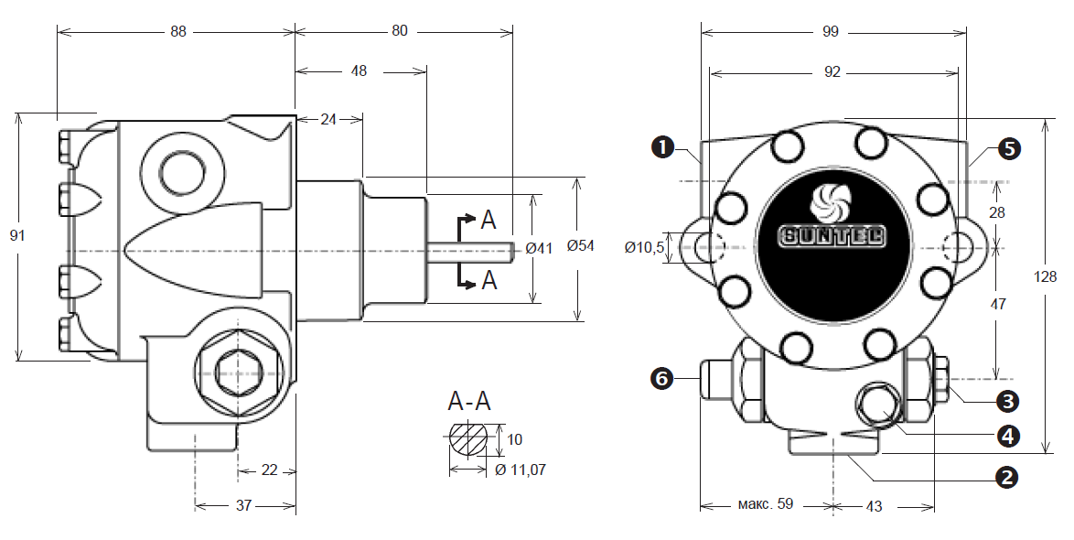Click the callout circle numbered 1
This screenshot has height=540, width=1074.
point(662,146)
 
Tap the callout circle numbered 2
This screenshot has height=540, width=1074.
point(1007,477)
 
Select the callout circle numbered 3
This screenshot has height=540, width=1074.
point(1007,401)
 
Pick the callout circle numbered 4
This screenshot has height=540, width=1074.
point(1007,436)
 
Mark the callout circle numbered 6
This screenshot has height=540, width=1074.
point(662,378)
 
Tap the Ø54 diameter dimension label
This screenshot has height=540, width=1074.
point(581,246)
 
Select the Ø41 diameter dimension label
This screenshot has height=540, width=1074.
point(539,248)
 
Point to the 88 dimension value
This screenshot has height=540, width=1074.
point(178,31)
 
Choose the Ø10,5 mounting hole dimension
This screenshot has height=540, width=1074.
point(645,248)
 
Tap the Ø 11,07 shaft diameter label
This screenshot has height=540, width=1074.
point(520,470)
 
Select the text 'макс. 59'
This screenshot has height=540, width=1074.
point(765,504)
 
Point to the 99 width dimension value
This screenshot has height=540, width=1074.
point(830,31)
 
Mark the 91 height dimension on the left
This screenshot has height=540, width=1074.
point(17,236)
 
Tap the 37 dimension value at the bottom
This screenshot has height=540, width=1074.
point(244,506)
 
